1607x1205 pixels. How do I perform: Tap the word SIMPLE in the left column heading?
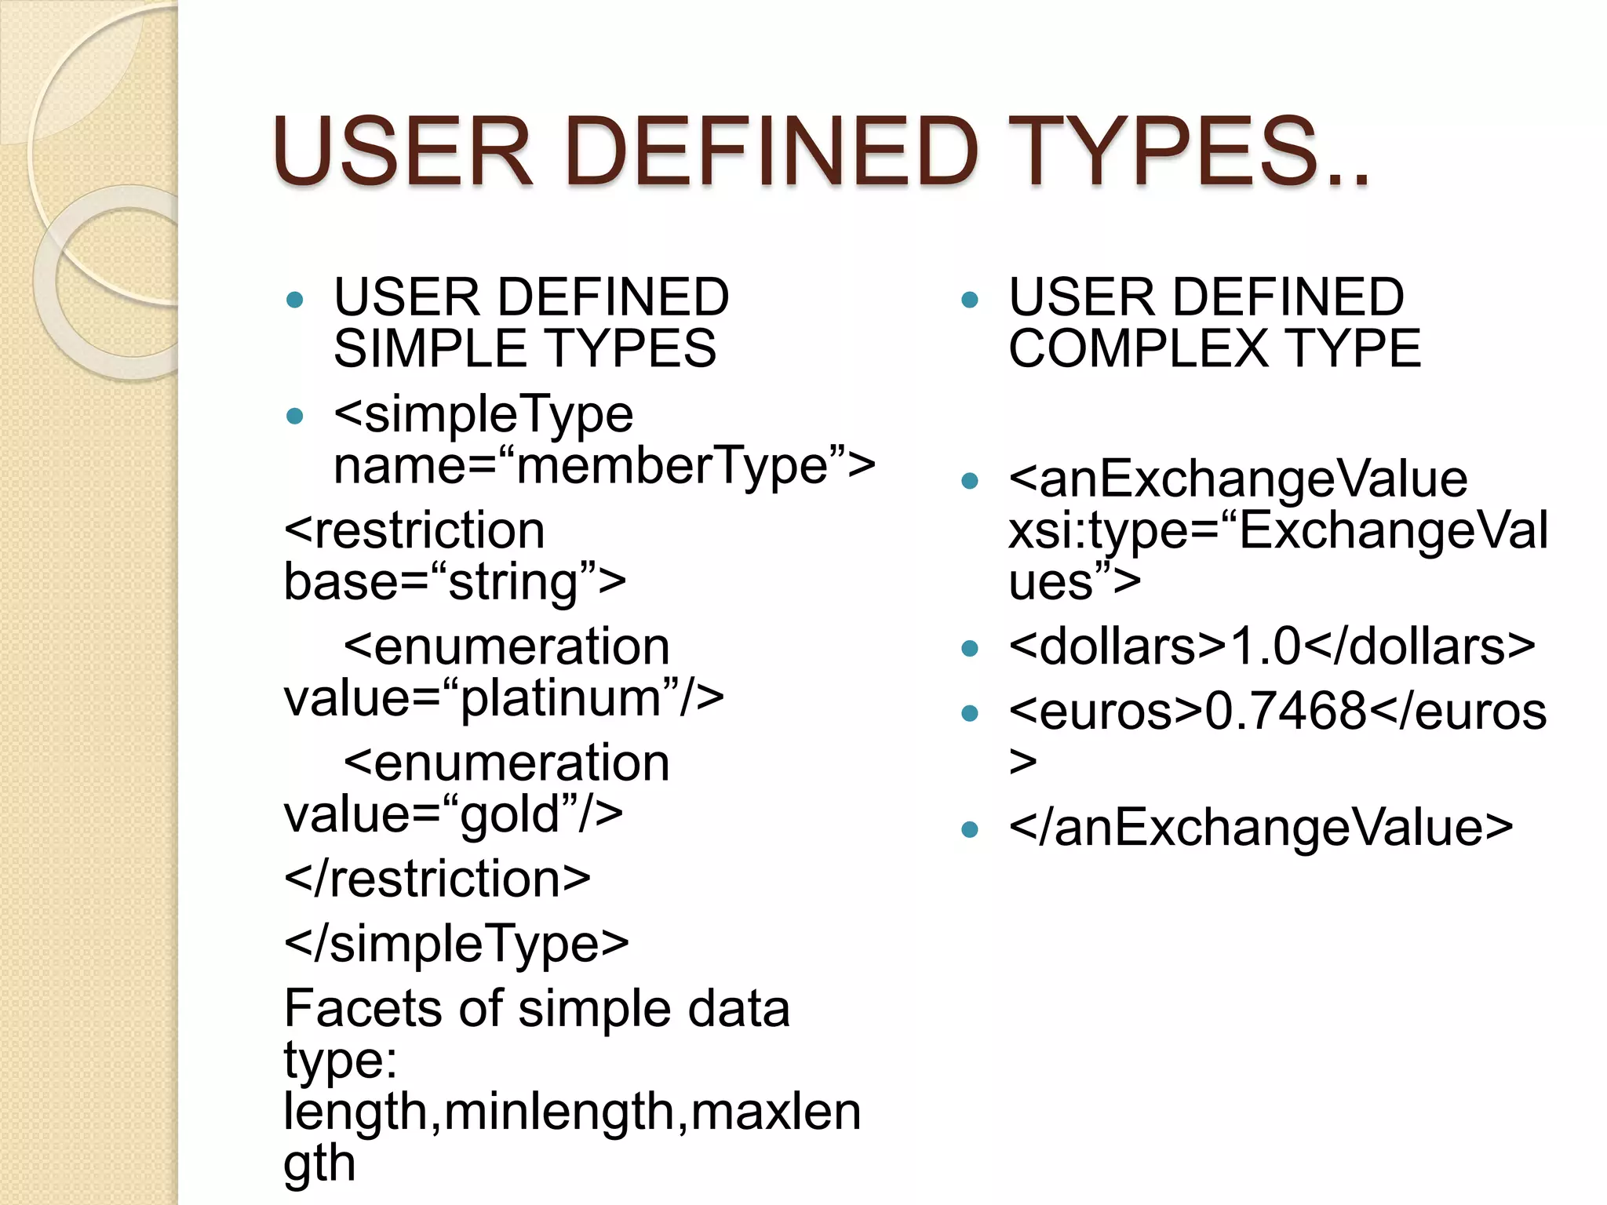pyautogui.click(x=431, y=348)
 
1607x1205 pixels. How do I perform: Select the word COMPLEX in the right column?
pyautogui.click(x=1138, y=348)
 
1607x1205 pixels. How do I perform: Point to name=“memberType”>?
pyautogui.click(x=603, y=466)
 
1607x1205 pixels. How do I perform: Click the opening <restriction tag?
pyautogui.click(x=414, y=530)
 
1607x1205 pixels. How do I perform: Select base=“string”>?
pyautogui.click(x=454, y=582)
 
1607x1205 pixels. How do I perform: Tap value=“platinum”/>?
pyautogui.click(x=503, y=697)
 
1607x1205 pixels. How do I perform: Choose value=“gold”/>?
pyautogui.click(x=453, y=814)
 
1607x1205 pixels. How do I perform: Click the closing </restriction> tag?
pyautogui.click(x=436, y=879)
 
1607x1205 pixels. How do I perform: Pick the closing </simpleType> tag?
pyautogui.click(x=456, y=943)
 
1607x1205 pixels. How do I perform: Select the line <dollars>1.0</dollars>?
pyautogui.click(x=1271, y=646)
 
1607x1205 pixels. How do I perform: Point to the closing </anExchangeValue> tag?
pyautogui.click(x=1260, y=828)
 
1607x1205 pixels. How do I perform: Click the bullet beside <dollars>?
pyautogui.click(x=970, y=648)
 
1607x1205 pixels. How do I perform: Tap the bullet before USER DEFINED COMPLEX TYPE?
pyautogui.click(x=970, y=299)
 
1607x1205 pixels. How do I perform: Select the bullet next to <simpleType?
pyautogui.click(x=295, y=416)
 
